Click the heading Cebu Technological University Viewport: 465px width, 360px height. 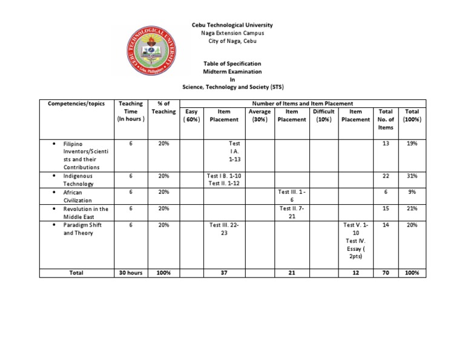pos(232,25)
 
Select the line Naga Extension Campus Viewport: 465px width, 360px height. pos(232,33)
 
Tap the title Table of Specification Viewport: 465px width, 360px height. pos(232,63)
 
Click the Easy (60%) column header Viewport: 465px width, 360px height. pos(192,115)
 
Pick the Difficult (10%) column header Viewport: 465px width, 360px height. pos(323,115)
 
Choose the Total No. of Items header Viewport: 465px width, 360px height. pos(386,119)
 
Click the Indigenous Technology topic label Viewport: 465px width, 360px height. pos(78,179)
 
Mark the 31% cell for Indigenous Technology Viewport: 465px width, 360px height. pos(412,176)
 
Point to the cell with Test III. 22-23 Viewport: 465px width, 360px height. pos(225,228)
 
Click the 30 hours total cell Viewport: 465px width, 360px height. pos(131,273)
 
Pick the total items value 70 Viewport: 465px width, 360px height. pos(386,273)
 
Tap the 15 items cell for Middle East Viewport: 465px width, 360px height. pos(386,208)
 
